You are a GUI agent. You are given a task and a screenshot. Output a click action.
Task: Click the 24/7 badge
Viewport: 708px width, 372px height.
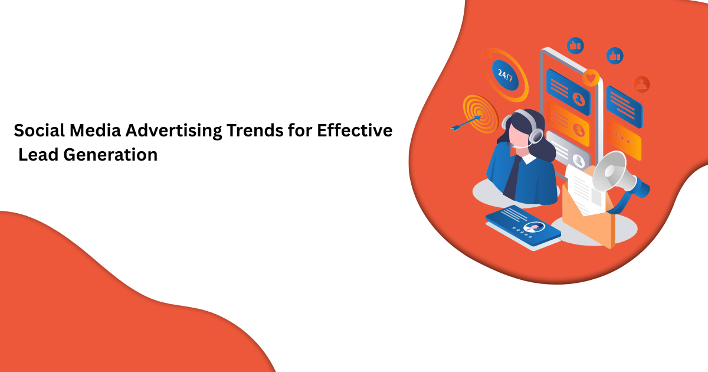(506, 75)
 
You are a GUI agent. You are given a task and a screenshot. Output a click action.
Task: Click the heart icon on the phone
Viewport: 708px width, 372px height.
(590, 77)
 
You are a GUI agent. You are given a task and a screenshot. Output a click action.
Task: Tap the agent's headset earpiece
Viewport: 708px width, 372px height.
(535, 136)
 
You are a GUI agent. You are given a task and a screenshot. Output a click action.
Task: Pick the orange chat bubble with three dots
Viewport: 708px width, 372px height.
(624, 141)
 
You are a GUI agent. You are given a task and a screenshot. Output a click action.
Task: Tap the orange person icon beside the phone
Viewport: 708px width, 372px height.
(641, 84)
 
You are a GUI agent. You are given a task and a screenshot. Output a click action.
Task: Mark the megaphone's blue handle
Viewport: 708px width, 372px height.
(640, 190)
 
